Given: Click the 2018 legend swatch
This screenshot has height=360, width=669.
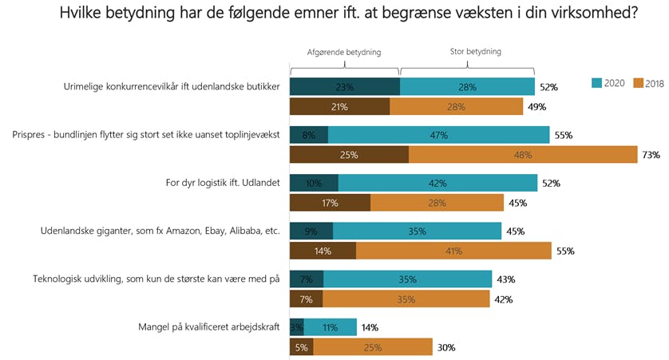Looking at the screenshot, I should tap(637, 83).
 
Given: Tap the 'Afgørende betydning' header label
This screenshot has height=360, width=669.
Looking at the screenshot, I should tap(344, 52).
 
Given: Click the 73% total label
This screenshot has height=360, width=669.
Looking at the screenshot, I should tap(650, 156).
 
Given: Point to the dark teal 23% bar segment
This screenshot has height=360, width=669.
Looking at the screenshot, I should tap(344, 87).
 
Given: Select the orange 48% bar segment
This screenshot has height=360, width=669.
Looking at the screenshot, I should tap(522, 155).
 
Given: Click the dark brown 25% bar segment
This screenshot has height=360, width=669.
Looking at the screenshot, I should tap(349, 155).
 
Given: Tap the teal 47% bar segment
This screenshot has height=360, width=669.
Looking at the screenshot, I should tap(438, 135).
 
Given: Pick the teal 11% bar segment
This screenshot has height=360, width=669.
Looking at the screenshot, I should tap(330, 327).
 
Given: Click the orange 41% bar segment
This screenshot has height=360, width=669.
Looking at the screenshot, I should tap(453, 251).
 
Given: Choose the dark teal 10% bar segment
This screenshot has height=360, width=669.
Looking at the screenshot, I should tap(314, 183).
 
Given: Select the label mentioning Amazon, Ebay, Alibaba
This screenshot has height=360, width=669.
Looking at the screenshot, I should tap(160, 231).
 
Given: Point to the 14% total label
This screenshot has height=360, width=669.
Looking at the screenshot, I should tap(369, 327).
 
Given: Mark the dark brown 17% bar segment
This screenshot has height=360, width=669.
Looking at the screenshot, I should tap(330, 203).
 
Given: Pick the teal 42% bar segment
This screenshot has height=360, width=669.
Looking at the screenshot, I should tap(438, 183).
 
